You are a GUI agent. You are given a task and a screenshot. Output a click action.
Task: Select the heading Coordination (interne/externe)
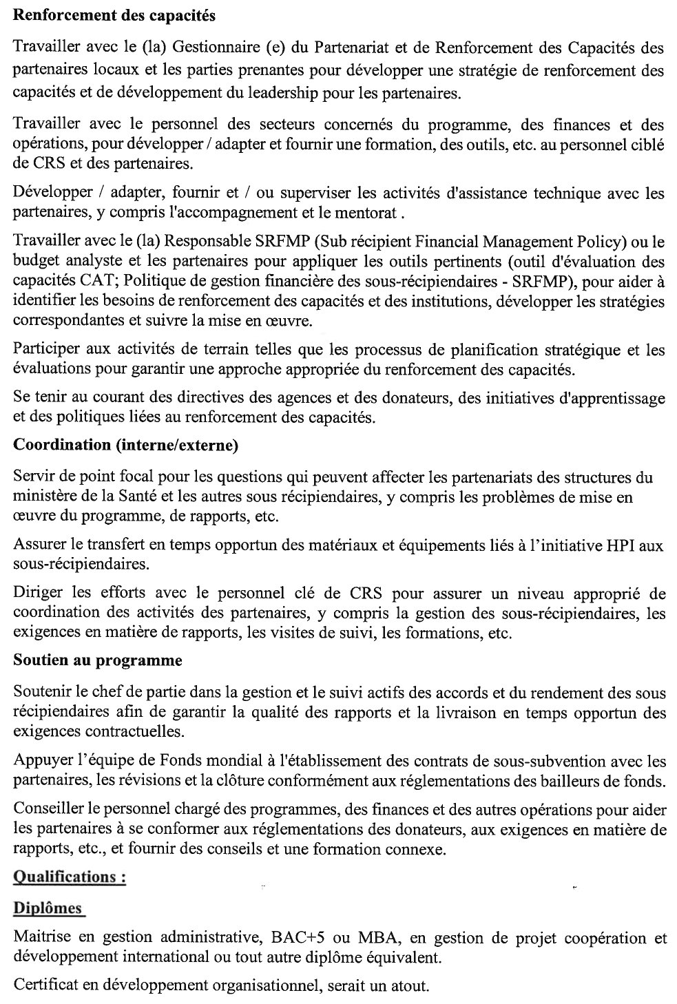coord(126,446)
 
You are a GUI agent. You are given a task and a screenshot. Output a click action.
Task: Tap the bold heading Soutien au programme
coord(98,660)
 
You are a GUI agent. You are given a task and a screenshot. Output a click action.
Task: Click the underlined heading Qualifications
coord(70,877)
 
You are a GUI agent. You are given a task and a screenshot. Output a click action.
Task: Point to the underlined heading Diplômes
coord(48,908)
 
